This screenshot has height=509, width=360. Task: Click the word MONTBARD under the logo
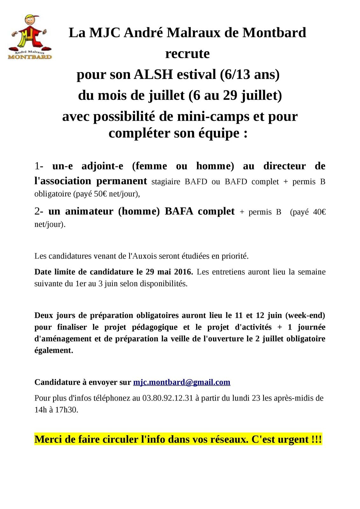click(x=30, y=57)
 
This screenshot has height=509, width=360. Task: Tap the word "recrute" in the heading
click(x=187, y=53)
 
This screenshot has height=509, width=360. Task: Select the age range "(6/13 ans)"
click(x=250, y=74)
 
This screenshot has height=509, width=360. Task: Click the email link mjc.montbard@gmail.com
click(x=181, y=382)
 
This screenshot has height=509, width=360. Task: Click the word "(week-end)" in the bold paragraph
click(x=305, y=316)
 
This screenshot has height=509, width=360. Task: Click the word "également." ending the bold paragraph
click(x=53, y=350)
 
